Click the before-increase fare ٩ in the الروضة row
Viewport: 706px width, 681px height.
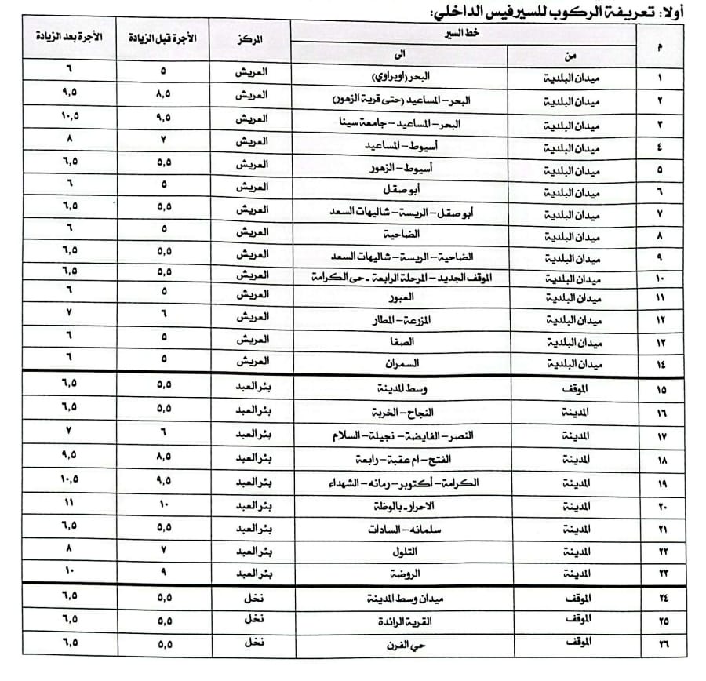(164, 570)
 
